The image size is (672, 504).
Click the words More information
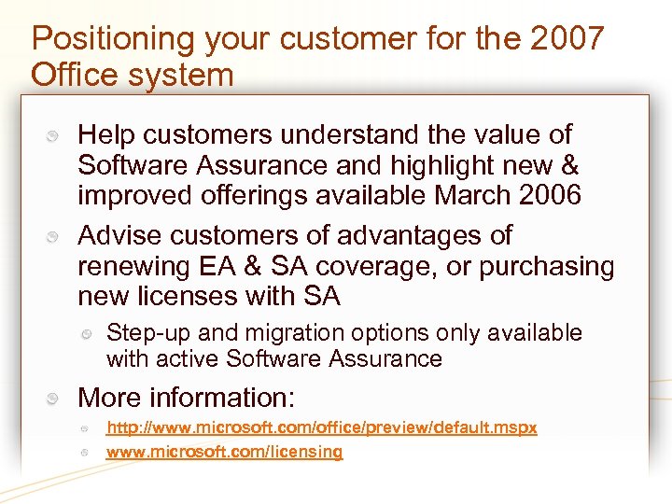(187, 398)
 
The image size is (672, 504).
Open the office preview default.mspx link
(322, 427)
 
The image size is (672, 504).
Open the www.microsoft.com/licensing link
(224, 452)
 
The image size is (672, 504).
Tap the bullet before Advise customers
(55, 237)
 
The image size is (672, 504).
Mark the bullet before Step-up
(85, 334)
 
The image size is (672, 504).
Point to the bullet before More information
(55, 399)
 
